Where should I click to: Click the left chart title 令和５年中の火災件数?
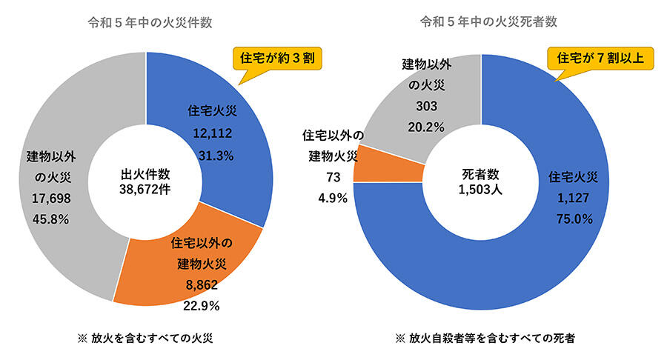[147, 21]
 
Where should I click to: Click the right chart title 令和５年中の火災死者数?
[482, 21]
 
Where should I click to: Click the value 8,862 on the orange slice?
[202, 284]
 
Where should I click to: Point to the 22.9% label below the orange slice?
[202, 305]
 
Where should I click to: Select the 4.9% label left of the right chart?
[331, 198]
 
